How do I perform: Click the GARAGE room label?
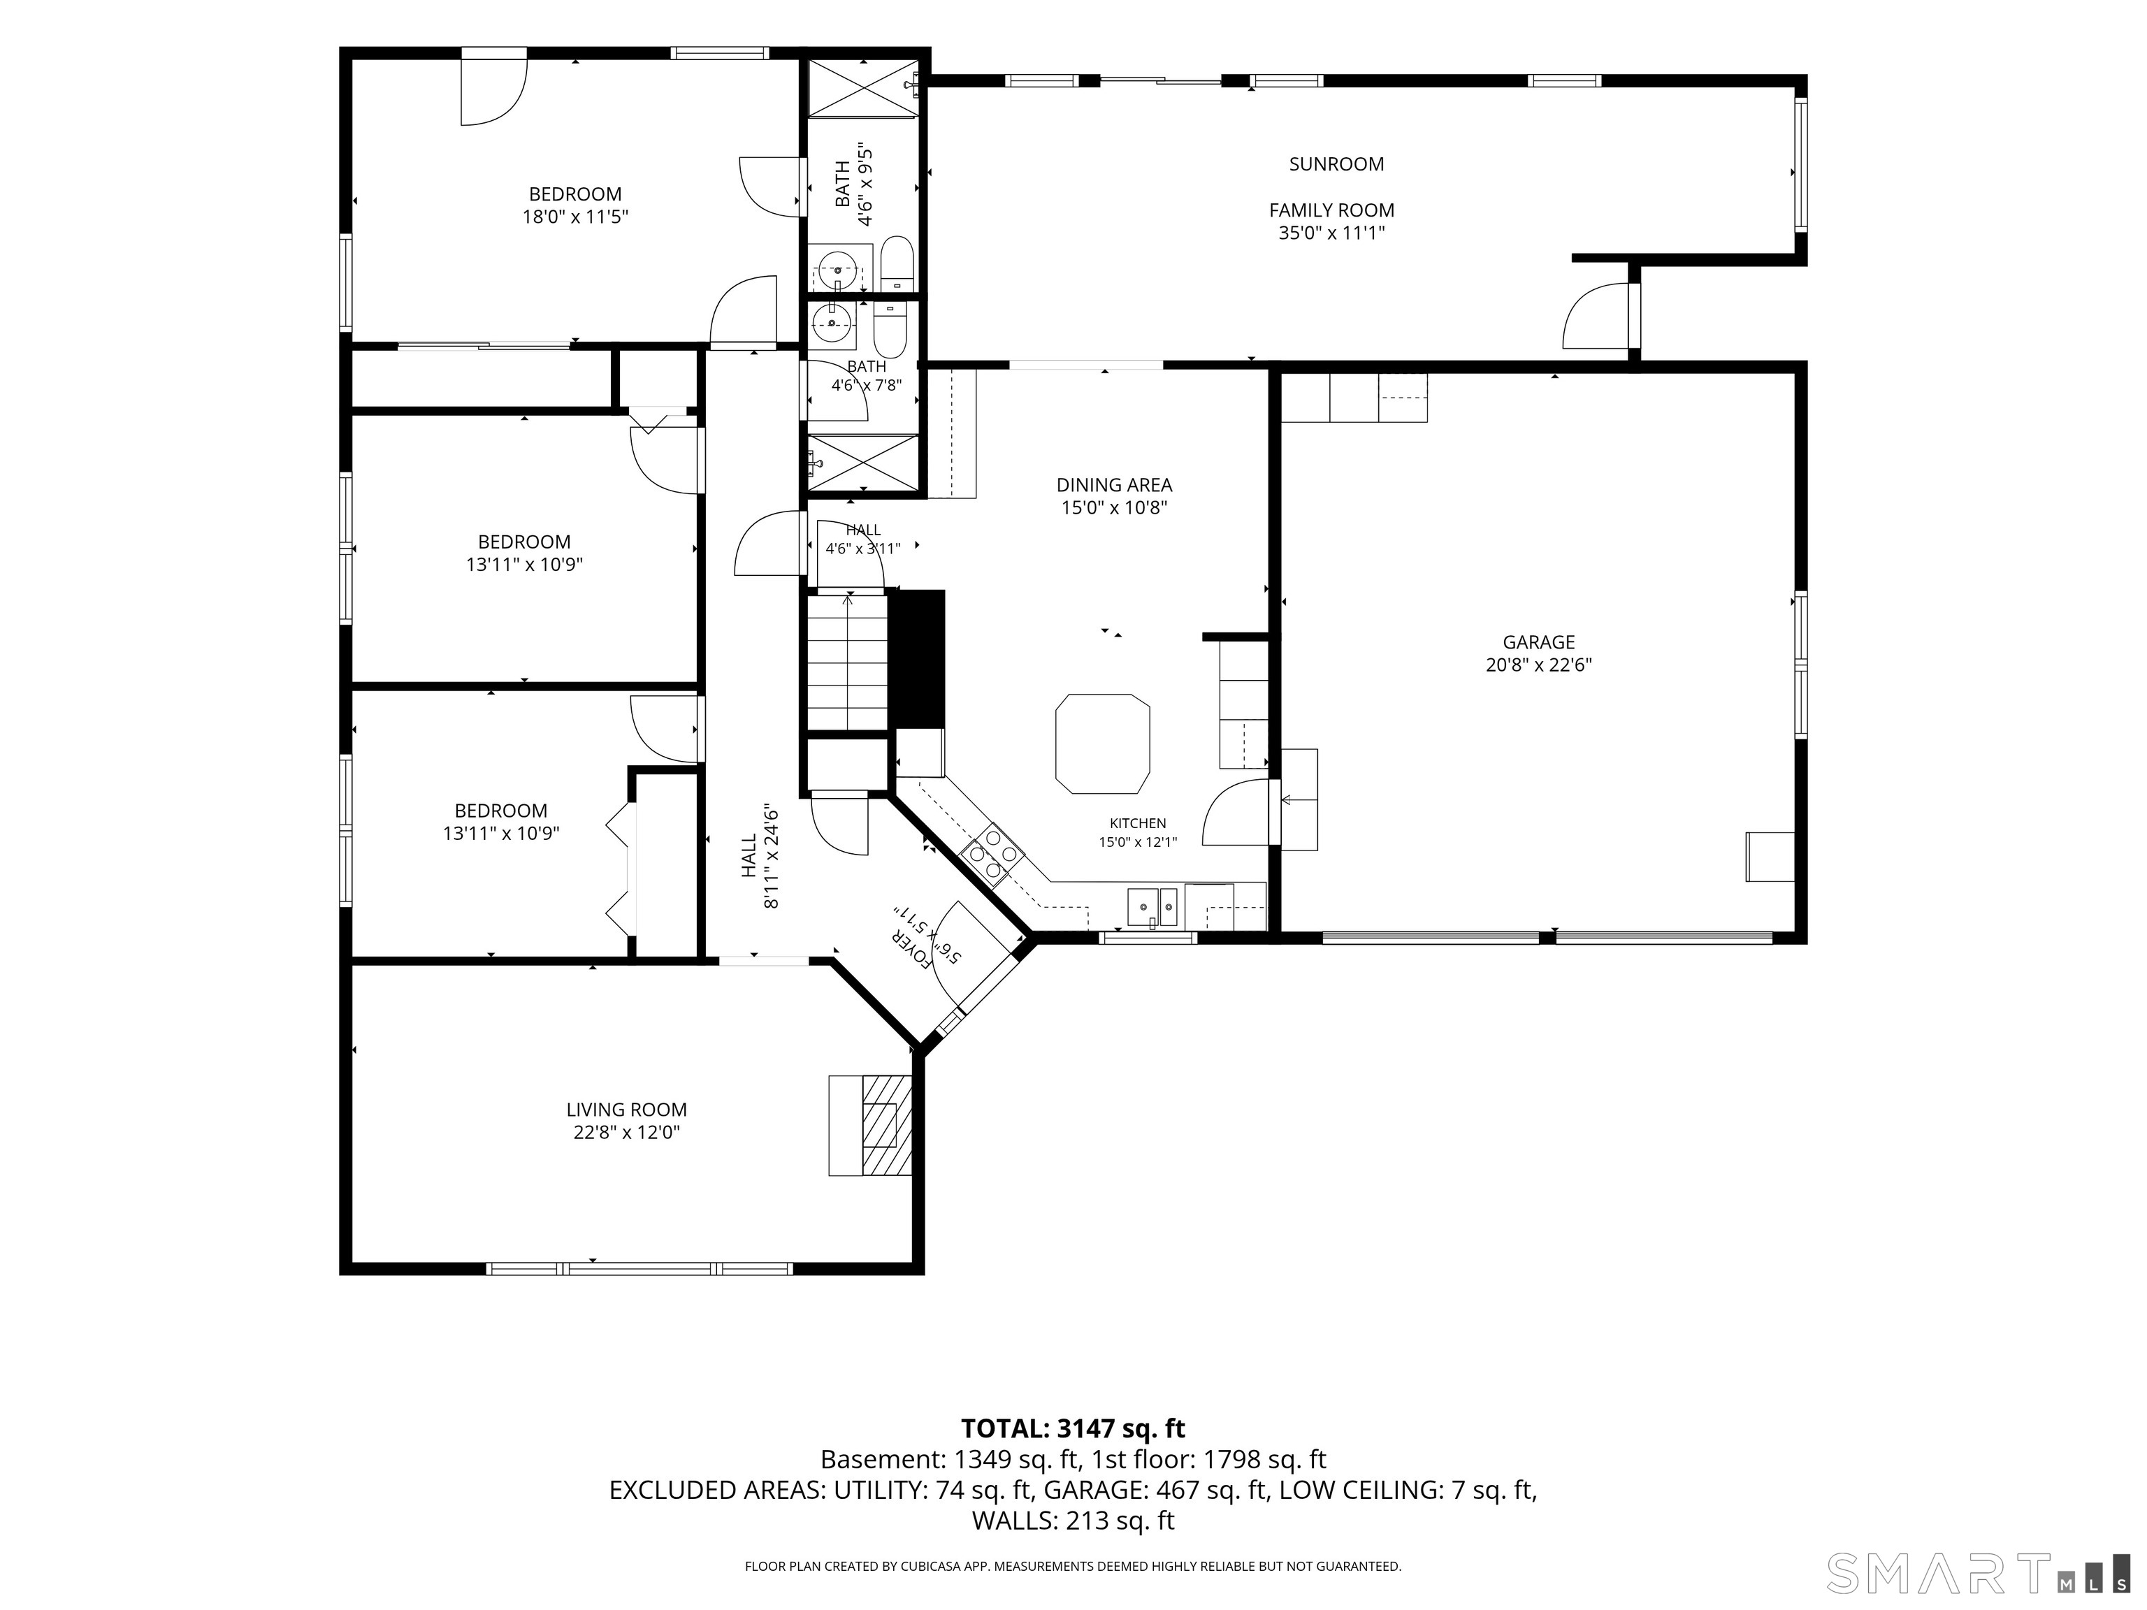click(1538, 642)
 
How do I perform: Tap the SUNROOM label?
click(1336, 164)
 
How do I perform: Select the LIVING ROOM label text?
click(626, 1109)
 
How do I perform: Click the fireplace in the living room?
click(871, 1125)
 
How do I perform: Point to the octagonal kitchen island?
click(1103, 744)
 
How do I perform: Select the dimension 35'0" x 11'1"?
click(1331, 233)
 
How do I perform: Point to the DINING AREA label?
click(1114, 484)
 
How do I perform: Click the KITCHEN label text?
click(1138, 823)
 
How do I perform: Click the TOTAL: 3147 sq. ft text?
click(1073, 1428)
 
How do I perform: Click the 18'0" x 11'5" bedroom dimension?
click(576, 217)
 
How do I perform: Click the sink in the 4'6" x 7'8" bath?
click(832, 322)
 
